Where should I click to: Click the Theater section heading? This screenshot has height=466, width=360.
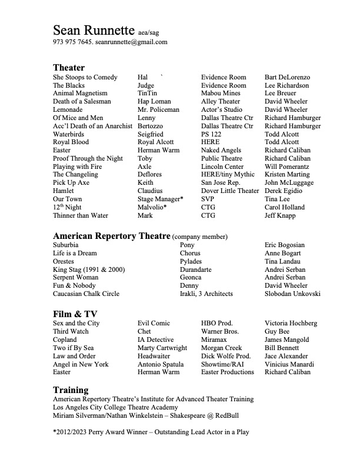point(69,68)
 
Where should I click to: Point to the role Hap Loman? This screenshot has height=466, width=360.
point(154,102)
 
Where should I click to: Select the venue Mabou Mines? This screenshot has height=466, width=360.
point(221,94)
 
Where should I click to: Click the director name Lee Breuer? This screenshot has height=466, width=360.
point(281,94)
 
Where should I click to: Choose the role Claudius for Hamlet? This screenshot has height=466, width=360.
point(151,191)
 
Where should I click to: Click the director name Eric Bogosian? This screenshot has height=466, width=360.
point(285,245)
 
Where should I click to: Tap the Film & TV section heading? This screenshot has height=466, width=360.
point(75,314)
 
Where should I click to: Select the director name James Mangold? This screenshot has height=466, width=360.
point(291,340)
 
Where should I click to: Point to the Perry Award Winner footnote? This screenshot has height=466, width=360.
point(151,432)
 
